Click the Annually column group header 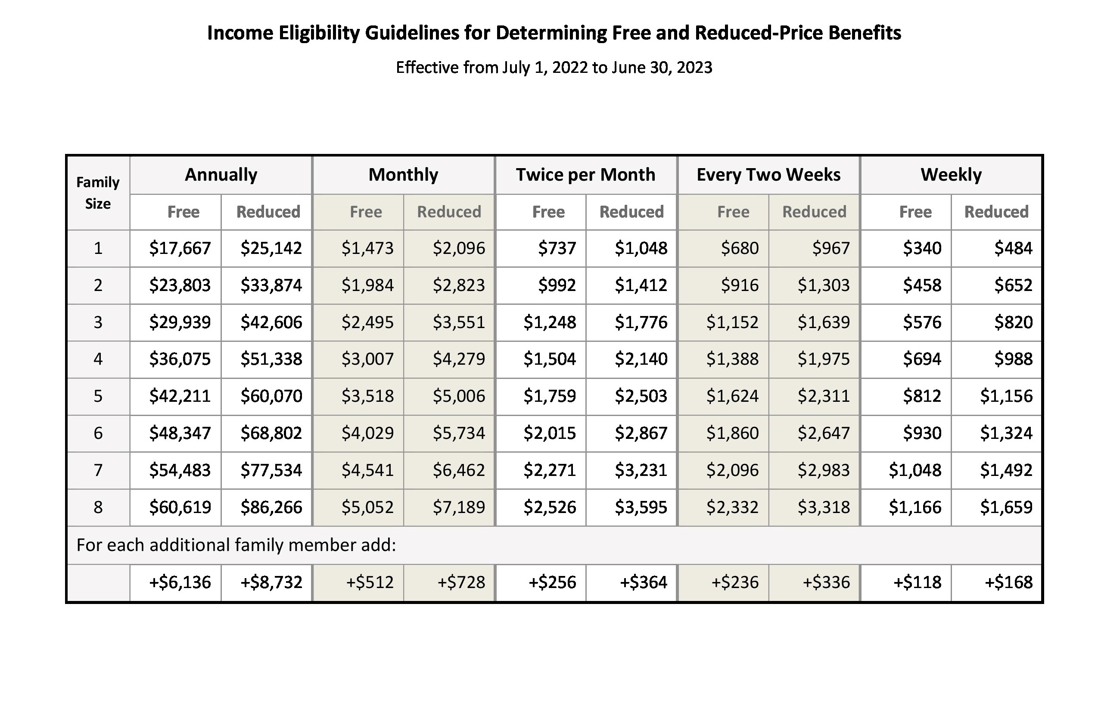coord(221,175)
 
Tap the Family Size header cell coord(98,192)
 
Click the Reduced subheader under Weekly coord(996,212)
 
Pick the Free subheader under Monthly coord(365,212)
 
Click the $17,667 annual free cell coord(180,248)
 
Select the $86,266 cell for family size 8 coord(271,507)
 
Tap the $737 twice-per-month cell coord(557,248)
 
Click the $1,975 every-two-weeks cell coord(824,359)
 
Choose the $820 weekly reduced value coord(1013,322)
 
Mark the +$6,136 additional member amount coord(180,582)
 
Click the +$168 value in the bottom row coord(1008,582)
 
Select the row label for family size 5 coord(98,396)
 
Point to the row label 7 coord(98,470)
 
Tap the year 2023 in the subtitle coord(694,67)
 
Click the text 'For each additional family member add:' coord(236,545)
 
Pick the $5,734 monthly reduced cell coord(459,433)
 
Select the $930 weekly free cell coord(922,433)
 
